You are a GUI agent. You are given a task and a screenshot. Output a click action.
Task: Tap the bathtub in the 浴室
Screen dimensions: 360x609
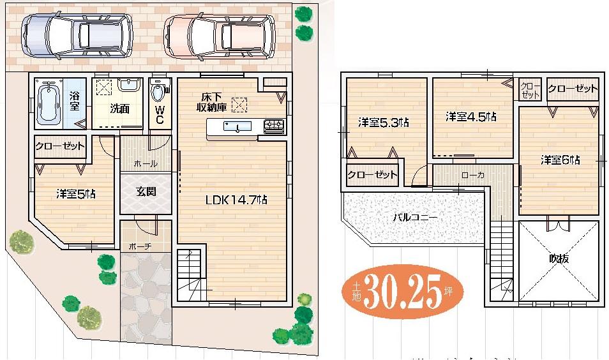click(x=49, y=103)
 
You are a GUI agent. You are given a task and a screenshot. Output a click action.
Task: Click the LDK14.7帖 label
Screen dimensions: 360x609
click(x=236, y=200)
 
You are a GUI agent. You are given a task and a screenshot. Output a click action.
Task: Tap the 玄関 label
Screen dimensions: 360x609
click(x=146, y=191)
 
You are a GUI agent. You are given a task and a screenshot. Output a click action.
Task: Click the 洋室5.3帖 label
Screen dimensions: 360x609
click(x=382, y=123)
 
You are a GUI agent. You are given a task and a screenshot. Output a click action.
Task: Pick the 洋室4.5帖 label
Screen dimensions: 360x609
click(x=471, y=117)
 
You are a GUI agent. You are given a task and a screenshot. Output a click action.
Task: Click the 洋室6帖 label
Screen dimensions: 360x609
click(x=560, y=160)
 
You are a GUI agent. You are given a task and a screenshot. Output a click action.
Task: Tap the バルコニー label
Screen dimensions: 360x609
click(x=414, y=217)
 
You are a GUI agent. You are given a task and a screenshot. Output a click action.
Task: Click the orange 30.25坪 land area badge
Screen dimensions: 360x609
click(x=403, y=294)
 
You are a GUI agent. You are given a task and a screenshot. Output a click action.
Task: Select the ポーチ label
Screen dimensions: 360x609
click(x=139, y=245)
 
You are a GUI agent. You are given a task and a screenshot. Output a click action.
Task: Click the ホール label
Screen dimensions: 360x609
click(x=146, y=163)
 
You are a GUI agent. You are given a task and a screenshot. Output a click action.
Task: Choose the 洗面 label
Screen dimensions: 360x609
click(x=119, y=109)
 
